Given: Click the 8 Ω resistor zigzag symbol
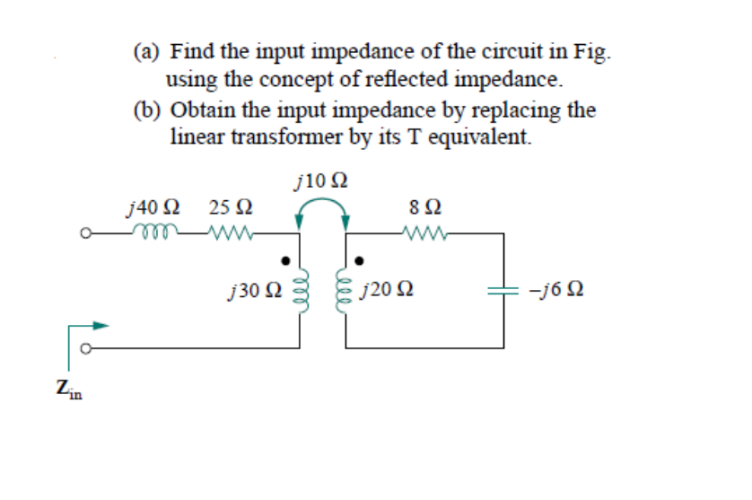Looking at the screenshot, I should click(424, 237).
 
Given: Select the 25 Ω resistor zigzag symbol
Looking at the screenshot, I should click(231, 237).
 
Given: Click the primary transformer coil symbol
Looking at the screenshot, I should click(301, 293).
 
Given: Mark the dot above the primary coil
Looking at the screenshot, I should click(286, 261).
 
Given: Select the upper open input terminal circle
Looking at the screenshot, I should click(83, 238).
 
